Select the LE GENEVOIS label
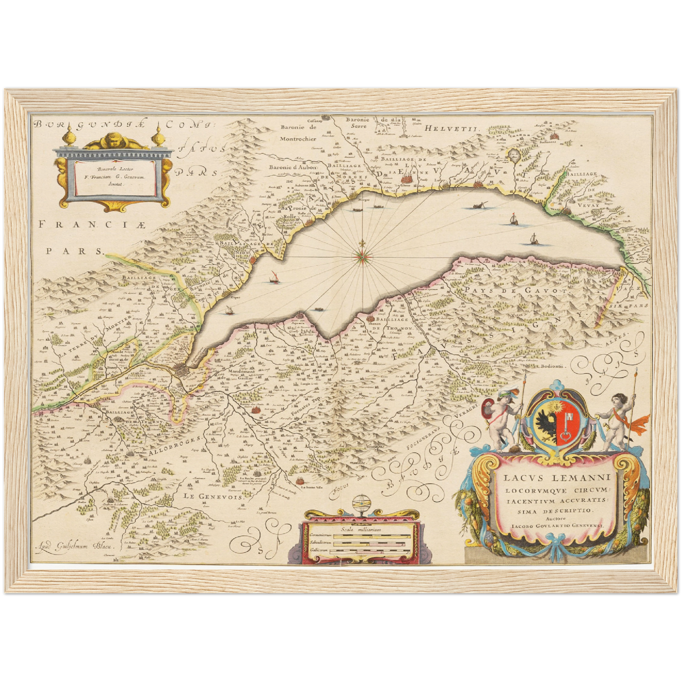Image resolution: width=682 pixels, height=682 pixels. [213, 496]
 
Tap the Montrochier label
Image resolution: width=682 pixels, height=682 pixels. [297, 139]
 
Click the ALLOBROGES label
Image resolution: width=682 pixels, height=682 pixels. [176, 445]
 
